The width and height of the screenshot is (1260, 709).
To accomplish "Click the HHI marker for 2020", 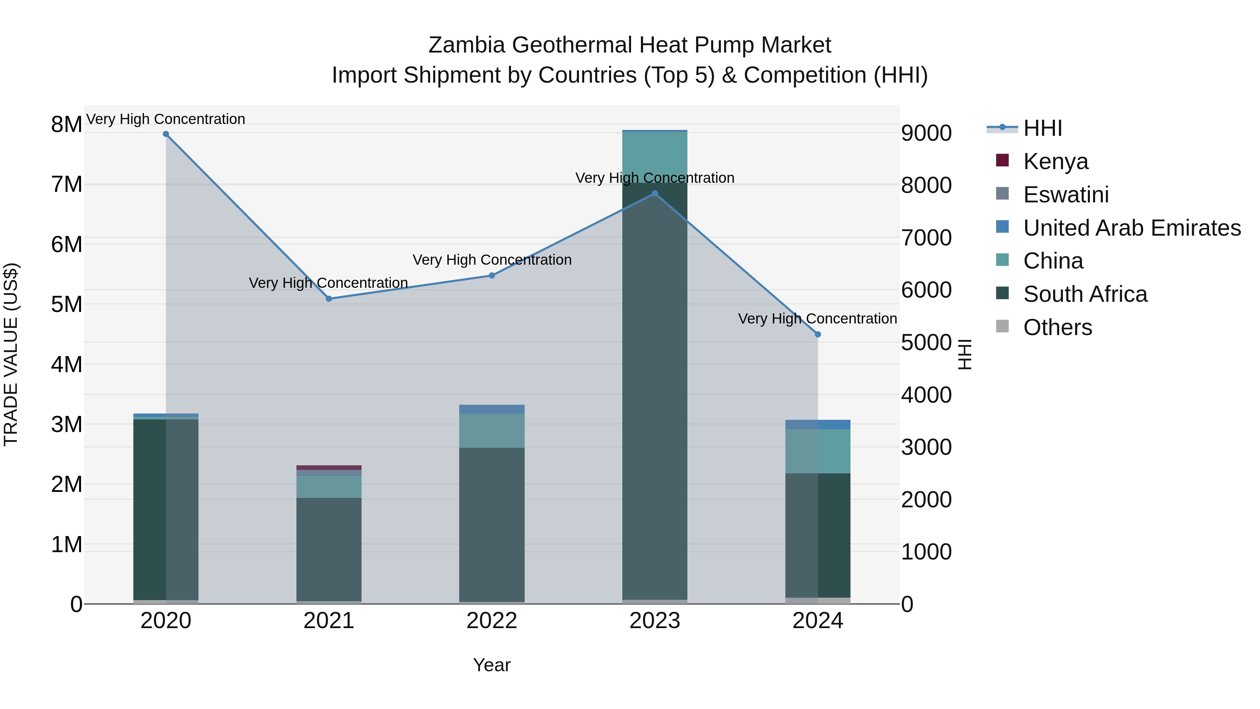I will point(166,134).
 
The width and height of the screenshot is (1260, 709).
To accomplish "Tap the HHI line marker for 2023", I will point(655,194).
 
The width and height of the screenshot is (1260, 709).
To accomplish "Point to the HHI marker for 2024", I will point(818,334).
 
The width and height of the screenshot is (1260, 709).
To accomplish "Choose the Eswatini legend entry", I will point(1065,194).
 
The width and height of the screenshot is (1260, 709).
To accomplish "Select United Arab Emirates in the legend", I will point(1131,228).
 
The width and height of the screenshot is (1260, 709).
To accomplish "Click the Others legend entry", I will point(1057,327).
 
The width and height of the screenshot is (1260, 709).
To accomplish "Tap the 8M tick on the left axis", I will point(66,124).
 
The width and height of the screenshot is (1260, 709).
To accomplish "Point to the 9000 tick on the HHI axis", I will point(926,133).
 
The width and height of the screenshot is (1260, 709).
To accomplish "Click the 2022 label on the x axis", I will point(492,621).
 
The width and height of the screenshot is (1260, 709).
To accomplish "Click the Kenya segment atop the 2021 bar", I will point(329,467).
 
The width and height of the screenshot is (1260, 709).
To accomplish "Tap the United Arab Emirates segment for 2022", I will point(492,409).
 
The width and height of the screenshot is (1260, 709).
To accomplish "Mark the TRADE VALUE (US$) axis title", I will point(11,354).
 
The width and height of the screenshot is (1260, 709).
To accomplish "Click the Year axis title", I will point(492,665).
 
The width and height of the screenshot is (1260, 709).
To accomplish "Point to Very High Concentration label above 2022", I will point(492,260).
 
